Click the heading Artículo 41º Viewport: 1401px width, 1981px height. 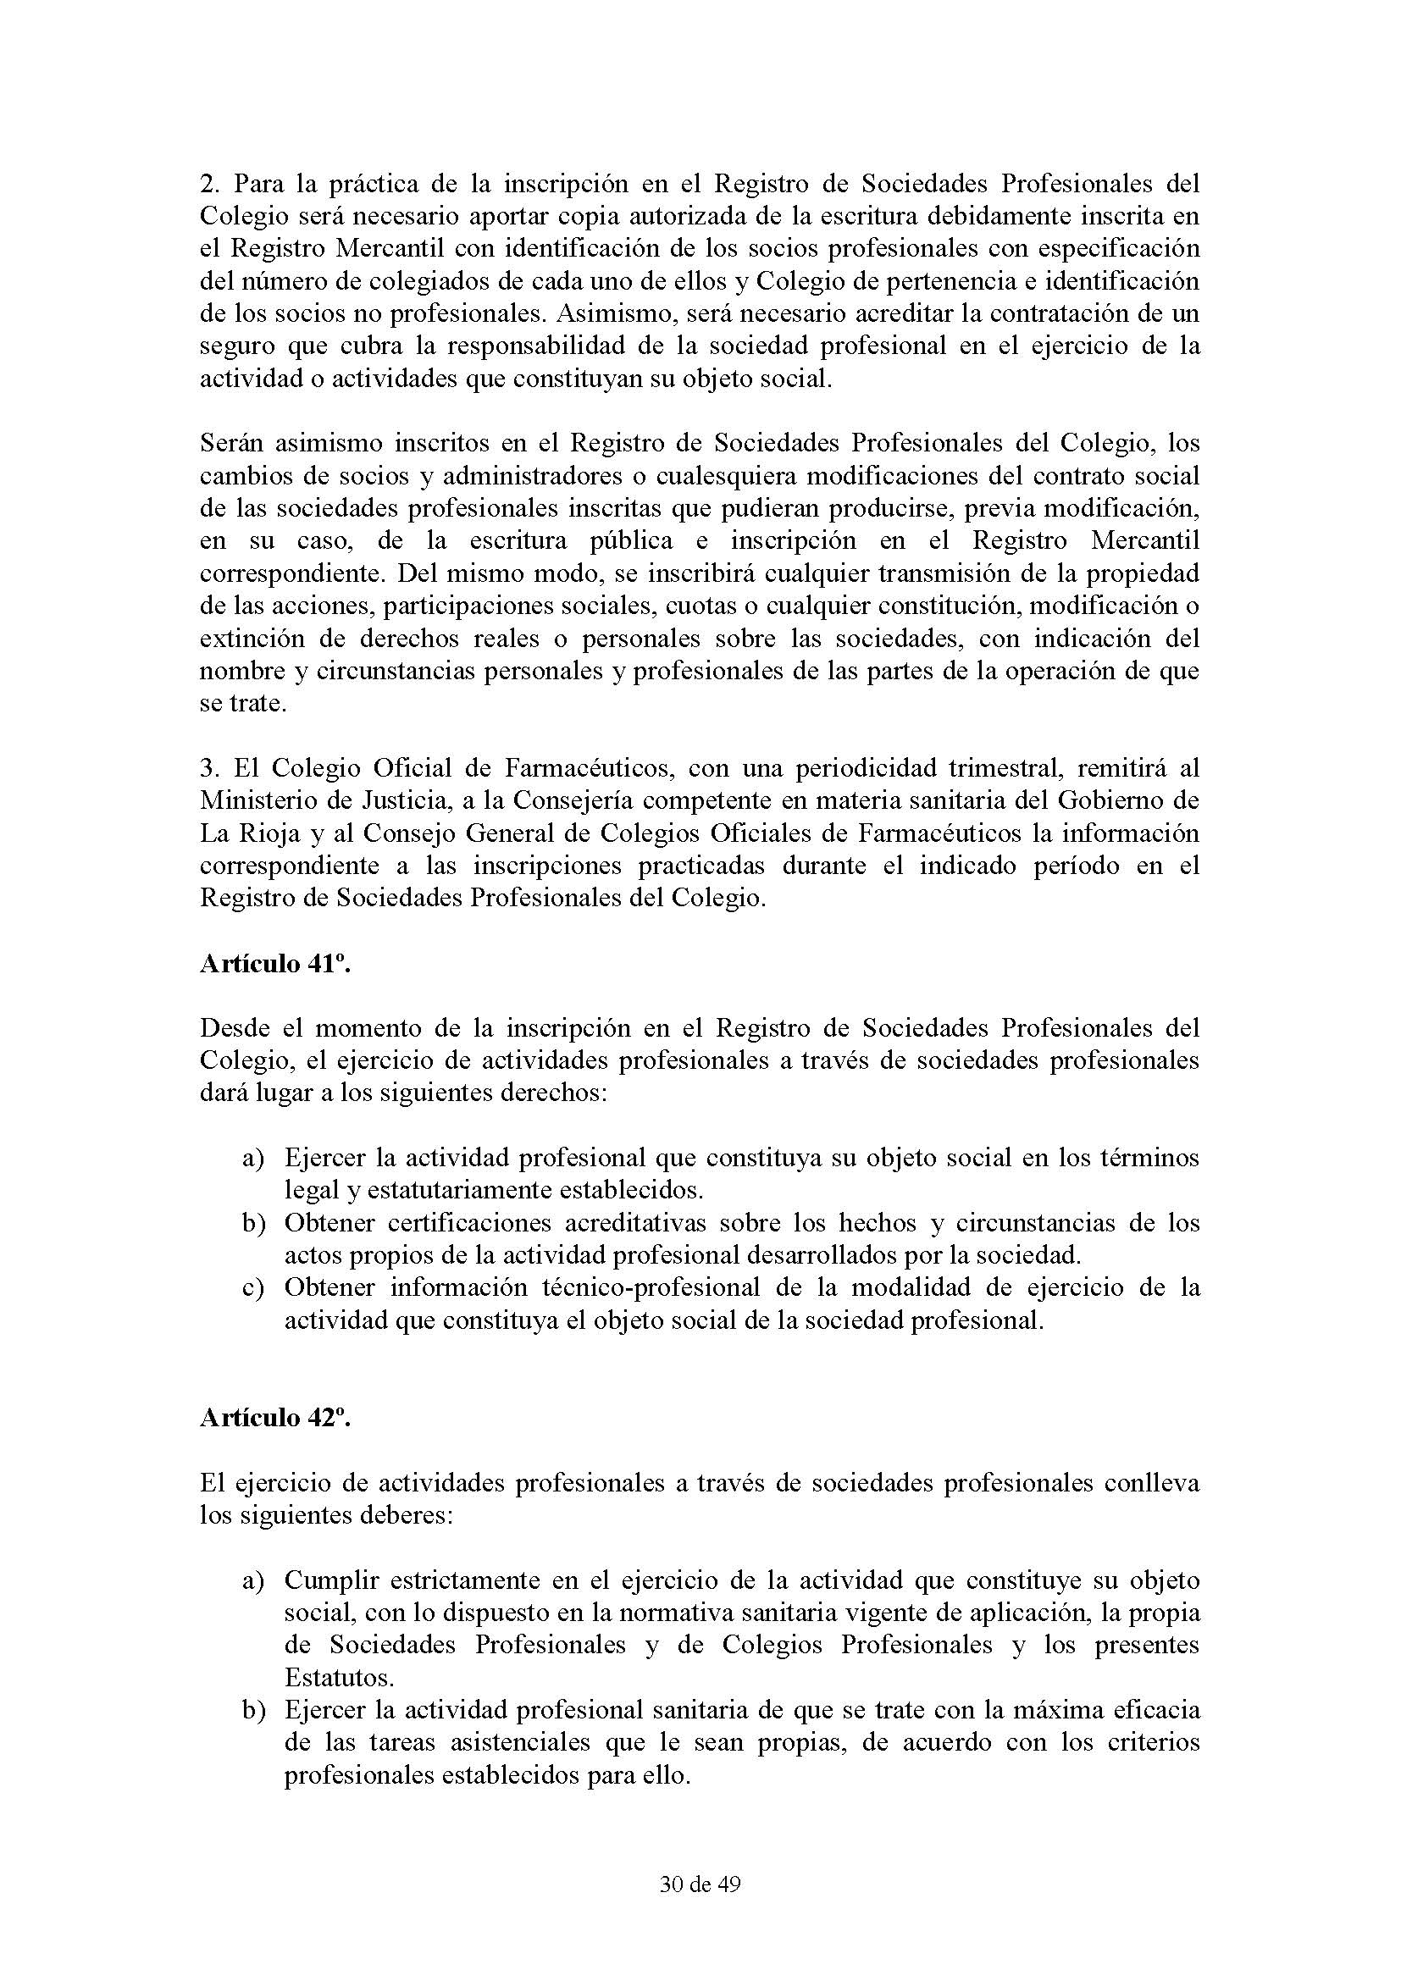pyautogui.click(x=275, y=964)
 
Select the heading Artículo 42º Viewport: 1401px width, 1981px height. pyautogui.click(x=275, y=1419)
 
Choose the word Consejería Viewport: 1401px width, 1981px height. pyautogui.click(x=572, y=800)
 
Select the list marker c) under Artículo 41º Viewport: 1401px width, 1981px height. pyautogui.click(x=252, y=1288)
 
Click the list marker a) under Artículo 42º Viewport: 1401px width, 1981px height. pyautogui.click(x=252, y=1580)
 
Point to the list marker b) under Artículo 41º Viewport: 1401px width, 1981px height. pyautogui.click(x=252, y=1224)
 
